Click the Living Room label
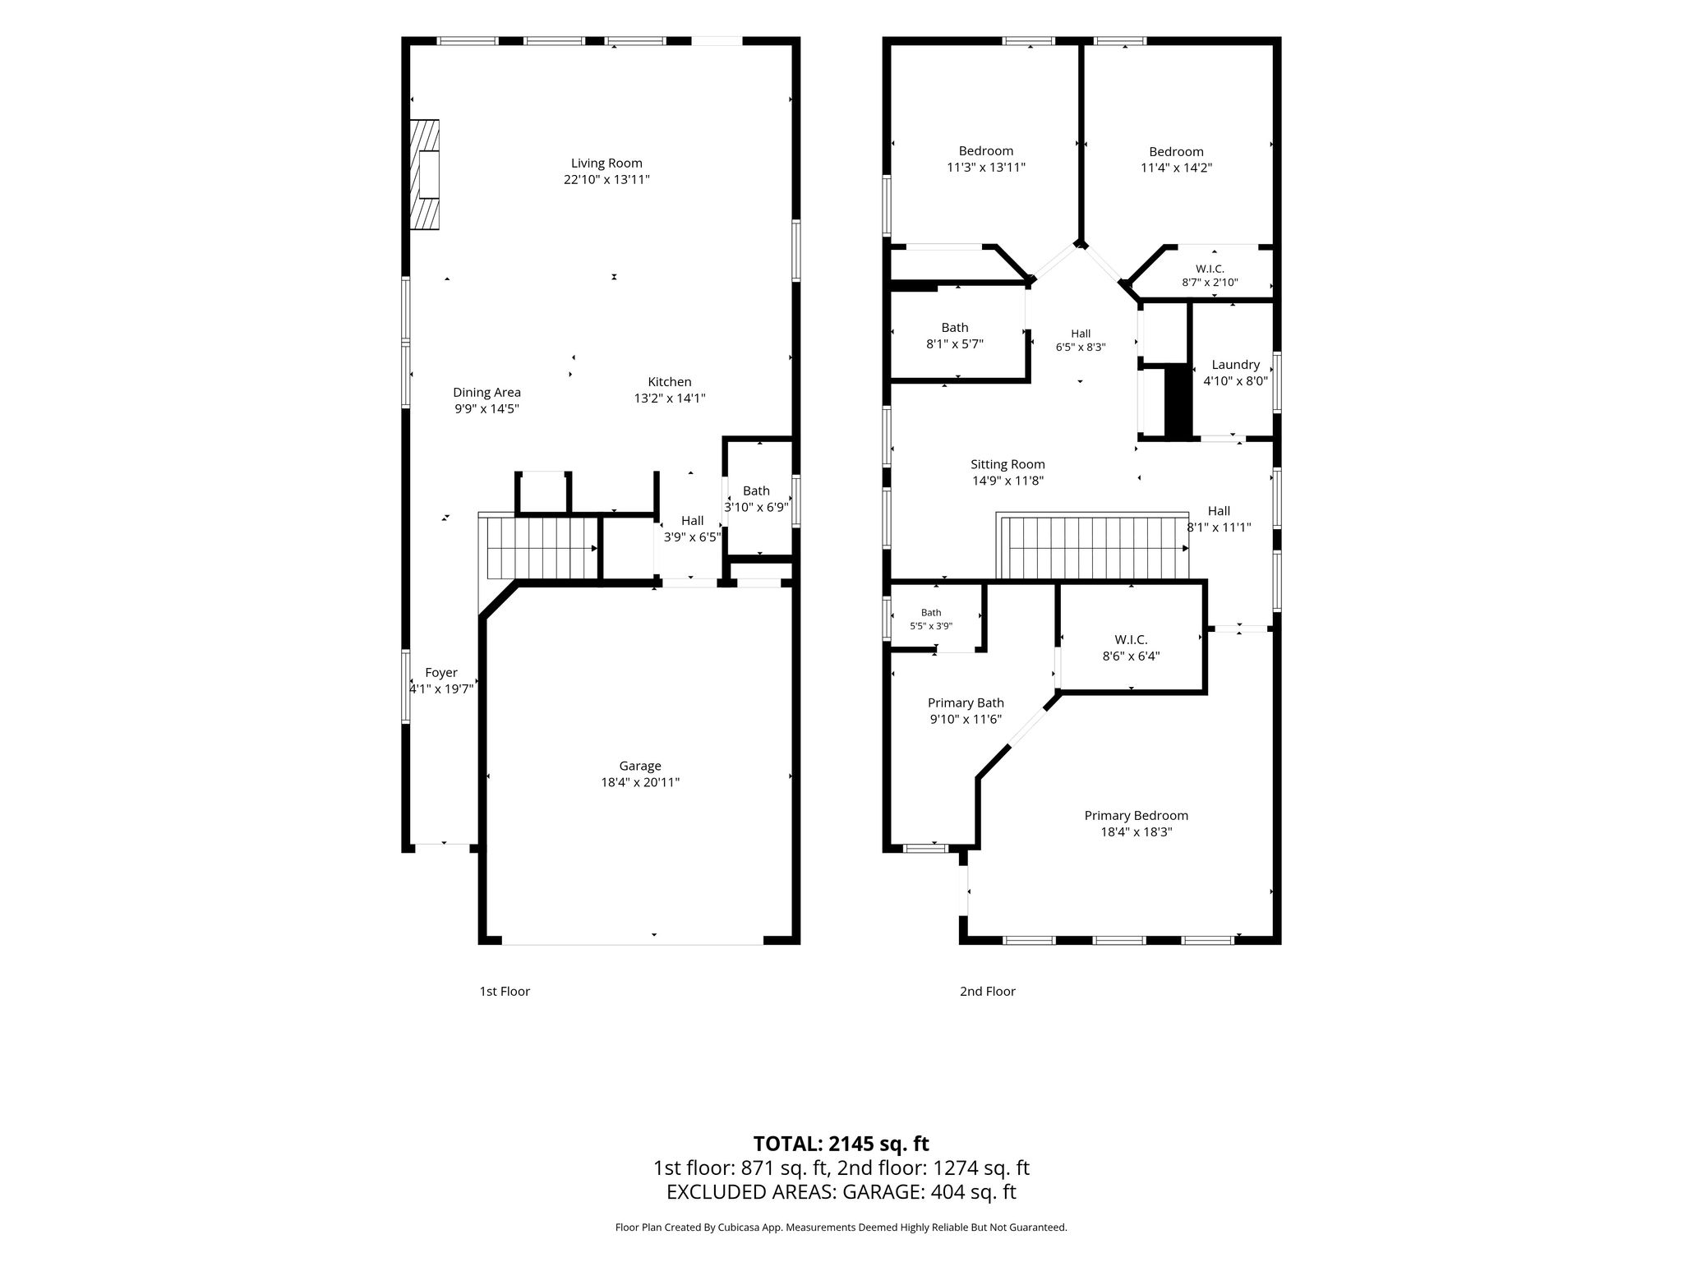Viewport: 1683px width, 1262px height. [x=606, y=164]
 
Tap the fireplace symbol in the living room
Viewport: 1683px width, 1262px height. [x=424, y=174]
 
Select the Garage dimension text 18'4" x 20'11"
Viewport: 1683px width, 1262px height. [x=640, y=783]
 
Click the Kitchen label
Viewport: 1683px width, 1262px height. [x=670, y=382]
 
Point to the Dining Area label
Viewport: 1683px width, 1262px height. [x=486, y=393]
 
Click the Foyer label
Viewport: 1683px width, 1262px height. [x=441, y=673]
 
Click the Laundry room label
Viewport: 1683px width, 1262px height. [x=1236, y=365]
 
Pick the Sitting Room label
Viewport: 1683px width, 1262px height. [x=1007, y=464]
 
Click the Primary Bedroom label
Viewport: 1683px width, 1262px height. [x=1137, y=816]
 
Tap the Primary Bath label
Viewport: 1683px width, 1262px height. [x=966, y=703]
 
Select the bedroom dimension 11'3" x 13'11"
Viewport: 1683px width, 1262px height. [x=986, y=168]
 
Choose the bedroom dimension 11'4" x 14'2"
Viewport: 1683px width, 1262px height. [x=1177, y=168]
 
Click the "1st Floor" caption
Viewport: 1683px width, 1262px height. [x=505, y=992]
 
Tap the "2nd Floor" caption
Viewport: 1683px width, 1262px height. [x=988, y=992]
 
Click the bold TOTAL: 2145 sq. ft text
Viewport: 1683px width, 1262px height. [x=841, y=1144]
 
